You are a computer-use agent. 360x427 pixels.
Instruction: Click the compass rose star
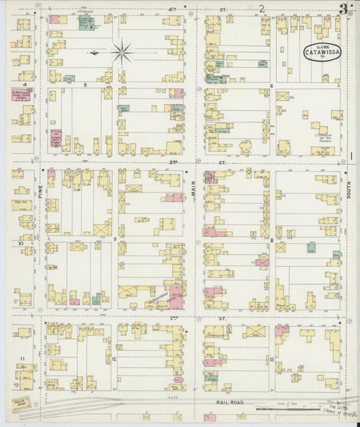(122, 52)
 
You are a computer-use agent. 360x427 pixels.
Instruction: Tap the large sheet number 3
(344, 9)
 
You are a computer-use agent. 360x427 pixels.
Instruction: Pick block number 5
(85, 86)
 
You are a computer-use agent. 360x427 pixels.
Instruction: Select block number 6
(271, 86)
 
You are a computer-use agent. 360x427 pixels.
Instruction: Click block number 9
(115, 238)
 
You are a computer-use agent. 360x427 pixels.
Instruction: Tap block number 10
(22, 243)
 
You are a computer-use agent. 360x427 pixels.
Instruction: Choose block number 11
(22, 357)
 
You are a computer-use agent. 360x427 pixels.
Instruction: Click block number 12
(115, 359)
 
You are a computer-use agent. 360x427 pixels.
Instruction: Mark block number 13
(271, 359)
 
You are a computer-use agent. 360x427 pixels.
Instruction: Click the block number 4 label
(24, 84)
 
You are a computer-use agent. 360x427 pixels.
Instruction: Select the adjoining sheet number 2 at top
(261, 8)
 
